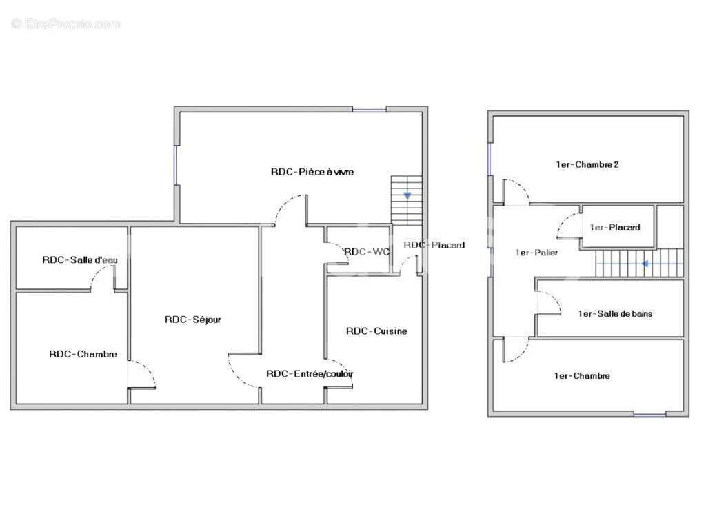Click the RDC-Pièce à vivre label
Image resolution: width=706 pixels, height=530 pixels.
(312, 172)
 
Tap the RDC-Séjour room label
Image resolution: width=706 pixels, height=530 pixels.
(193, 320)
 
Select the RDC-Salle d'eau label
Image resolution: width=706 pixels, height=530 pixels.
(80, 259)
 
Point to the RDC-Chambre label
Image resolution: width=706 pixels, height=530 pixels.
(83, 354)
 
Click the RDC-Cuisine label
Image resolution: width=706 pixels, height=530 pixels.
(376, 331)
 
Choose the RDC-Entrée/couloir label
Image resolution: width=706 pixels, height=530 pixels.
(310, 373)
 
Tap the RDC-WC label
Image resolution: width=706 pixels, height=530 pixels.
(367, 251)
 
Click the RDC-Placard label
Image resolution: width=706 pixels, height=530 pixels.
(434, 245)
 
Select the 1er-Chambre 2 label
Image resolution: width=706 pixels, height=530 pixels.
(587, 164)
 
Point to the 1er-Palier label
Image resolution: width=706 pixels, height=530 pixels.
(536, 253)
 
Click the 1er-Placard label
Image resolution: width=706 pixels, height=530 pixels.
(615, 228)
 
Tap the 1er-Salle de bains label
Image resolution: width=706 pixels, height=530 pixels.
(615, 314)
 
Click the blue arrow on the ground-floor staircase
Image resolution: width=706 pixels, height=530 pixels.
(407, 195)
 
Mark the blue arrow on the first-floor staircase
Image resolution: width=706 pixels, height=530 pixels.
(645, 264)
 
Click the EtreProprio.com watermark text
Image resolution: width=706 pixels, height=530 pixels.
(65, 23)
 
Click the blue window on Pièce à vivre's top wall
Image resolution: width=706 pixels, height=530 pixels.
(370, 110)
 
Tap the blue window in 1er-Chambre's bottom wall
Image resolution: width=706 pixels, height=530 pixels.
(649, 414)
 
